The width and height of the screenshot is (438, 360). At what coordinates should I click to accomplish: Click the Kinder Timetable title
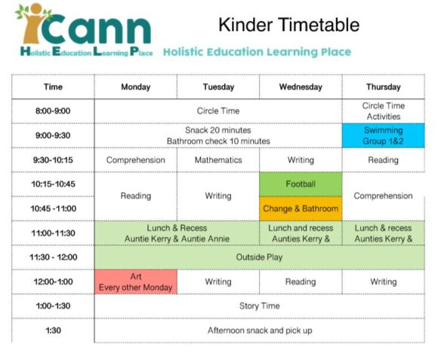click(288, 25)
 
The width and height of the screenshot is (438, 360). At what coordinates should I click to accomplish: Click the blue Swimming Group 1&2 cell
click(383, 135)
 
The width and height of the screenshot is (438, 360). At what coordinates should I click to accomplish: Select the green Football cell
click(301, 183)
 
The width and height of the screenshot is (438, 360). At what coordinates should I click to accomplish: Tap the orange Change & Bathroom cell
click(301, 208)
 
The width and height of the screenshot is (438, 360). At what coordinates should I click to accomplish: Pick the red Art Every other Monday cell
click(135, 282)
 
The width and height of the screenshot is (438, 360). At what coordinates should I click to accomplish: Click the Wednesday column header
click(301, 87)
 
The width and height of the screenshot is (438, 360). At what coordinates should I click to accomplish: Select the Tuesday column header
click(218, 87)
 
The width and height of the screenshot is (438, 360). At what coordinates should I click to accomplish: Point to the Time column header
click(53, 87)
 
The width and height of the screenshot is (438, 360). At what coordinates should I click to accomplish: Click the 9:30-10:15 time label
click(53, 160)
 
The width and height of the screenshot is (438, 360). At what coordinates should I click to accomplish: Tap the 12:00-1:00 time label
click(53, 282)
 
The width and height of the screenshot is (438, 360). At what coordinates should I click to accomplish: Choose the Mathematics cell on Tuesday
click(218, 160)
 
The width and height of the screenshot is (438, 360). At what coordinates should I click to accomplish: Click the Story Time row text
click(259, 306)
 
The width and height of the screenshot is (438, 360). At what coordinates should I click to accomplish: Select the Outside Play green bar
click(259, 257)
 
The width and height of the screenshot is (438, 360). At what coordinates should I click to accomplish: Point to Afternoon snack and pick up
click(259, 330)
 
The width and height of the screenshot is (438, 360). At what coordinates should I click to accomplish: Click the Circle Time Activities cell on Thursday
click(383, 111)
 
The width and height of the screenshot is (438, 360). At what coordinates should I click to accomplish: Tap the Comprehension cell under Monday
click(135, 160)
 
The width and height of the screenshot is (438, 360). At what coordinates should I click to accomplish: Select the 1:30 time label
click(53, 330)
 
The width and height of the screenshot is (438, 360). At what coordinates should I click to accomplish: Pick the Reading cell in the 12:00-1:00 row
click(301, 282)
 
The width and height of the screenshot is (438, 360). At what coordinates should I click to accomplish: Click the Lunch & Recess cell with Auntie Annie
click(177, 232)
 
